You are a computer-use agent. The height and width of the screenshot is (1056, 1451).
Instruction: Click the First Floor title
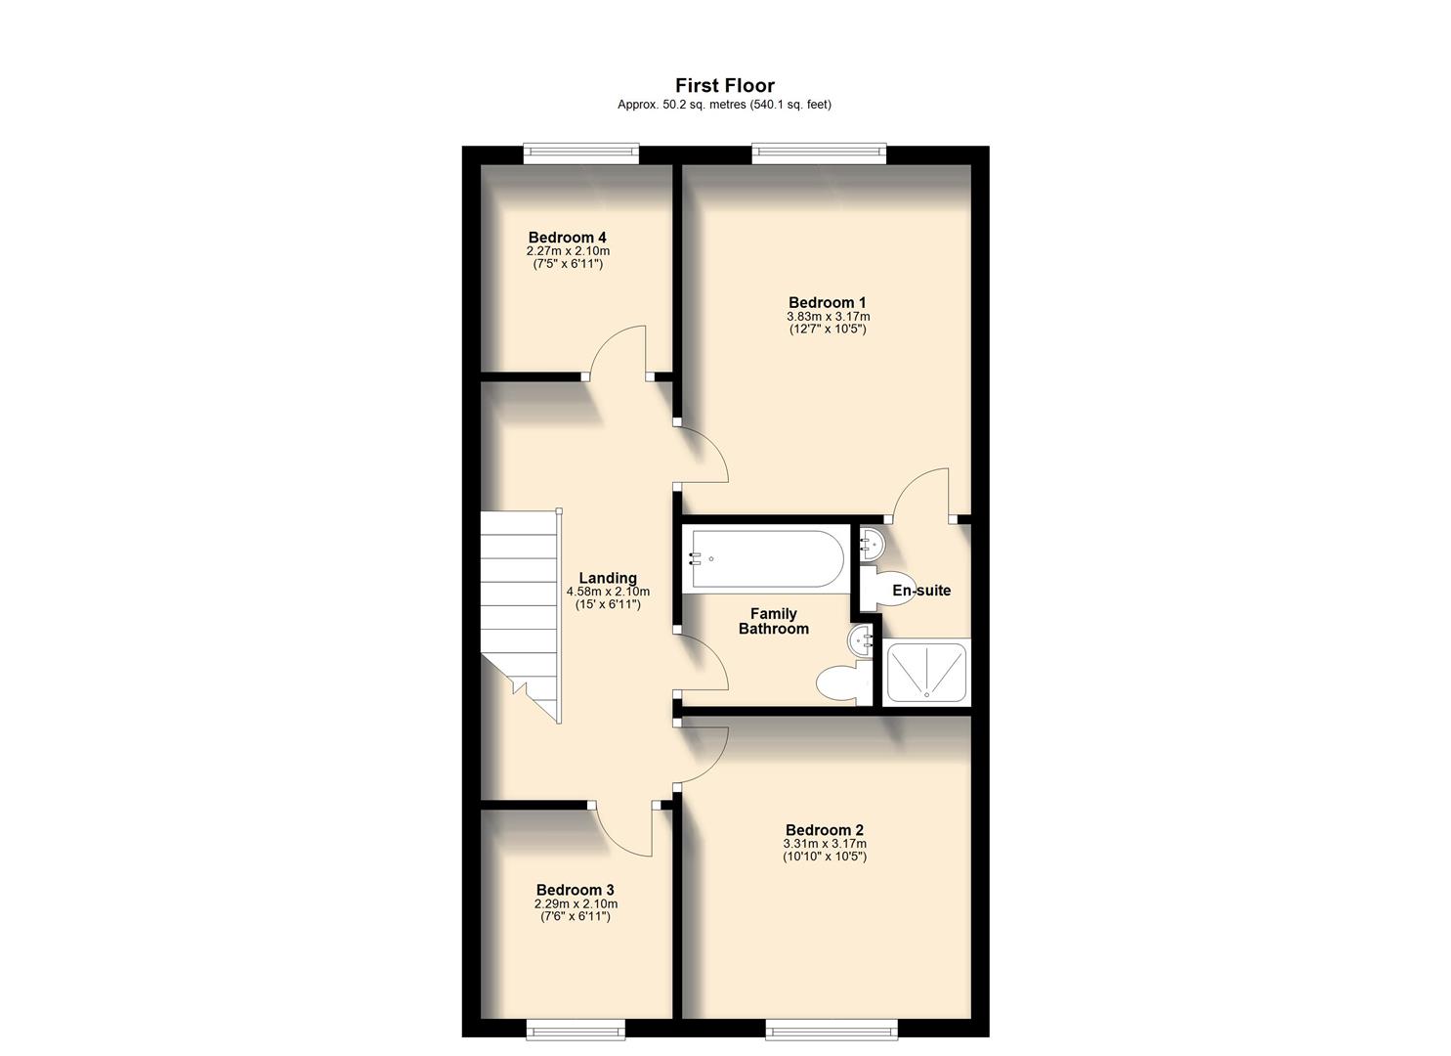(x=724, y=86)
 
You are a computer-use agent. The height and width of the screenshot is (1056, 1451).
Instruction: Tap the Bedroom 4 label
(x=567, y=238)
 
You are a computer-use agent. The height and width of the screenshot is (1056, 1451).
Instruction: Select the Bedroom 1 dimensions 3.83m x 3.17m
(x=828, y=317)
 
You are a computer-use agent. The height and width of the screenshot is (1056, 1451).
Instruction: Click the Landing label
(x=607, y=578)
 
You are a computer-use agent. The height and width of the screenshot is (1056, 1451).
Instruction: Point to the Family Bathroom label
(x=773, y=621)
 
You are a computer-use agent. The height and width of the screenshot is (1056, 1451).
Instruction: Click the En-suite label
(x=920, y=591)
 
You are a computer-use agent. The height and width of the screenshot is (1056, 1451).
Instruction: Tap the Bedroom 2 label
(x=824, y=830)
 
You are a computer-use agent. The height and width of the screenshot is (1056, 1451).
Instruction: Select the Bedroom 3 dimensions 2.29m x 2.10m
(x=575, y=904)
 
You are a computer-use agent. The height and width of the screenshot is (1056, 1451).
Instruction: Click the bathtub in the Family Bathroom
(x=765, y=559)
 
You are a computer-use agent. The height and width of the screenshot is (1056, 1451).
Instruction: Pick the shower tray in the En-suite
(x=924, y=673)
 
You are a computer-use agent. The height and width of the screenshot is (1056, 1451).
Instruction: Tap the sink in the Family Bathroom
(x=862, y=641)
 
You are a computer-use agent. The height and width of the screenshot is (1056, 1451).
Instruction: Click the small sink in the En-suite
(x=869, y=541)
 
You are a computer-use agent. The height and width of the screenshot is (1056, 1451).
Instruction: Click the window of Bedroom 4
(x=580, y=152)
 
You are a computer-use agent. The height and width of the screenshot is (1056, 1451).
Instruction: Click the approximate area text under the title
(x=724, y=105)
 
